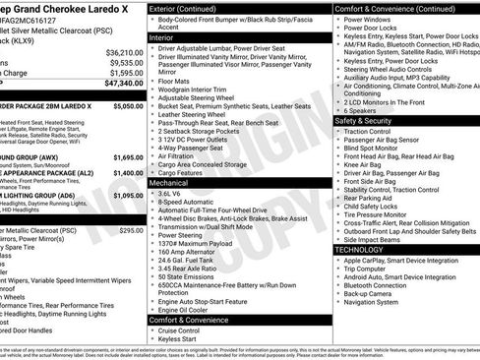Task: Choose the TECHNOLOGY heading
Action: [359, 250]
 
